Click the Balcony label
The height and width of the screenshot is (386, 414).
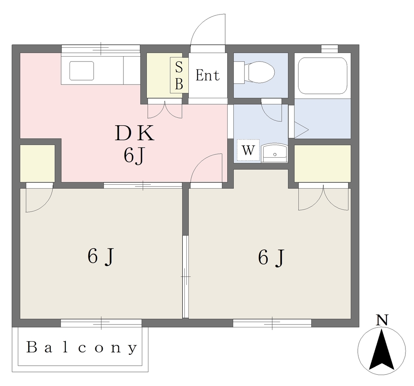(x=82, y=348)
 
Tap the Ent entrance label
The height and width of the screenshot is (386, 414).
(x=207, y=75)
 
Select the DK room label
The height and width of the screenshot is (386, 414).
(x=134, y=133)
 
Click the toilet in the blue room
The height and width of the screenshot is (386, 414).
(x=254, y=72)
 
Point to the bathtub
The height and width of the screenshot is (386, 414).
(x=322, y=75)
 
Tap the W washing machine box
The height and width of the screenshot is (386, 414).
(x=248, y=150)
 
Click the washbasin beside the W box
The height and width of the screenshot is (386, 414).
(x=275, y=153)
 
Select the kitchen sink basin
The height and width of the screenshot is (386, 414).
(x=82, y=71)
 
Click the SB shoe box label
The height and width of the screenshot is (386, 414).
(x=179, y=75)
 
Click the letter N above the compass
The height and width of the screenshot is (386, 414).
(x=382, y=320)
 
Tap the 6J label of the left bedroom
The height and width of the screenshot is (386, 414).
(x=101, y=257)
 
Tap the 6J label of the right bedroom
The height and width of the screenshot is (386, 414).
(x=271, y=257)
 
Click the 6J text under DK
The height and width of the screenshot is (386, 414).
(x=134, y=156)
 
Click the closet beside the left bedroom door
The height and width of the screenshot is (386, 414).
(x=38, y=163)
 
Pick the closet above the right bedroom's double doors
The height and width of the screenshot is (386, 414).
(x=323, y=163)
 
